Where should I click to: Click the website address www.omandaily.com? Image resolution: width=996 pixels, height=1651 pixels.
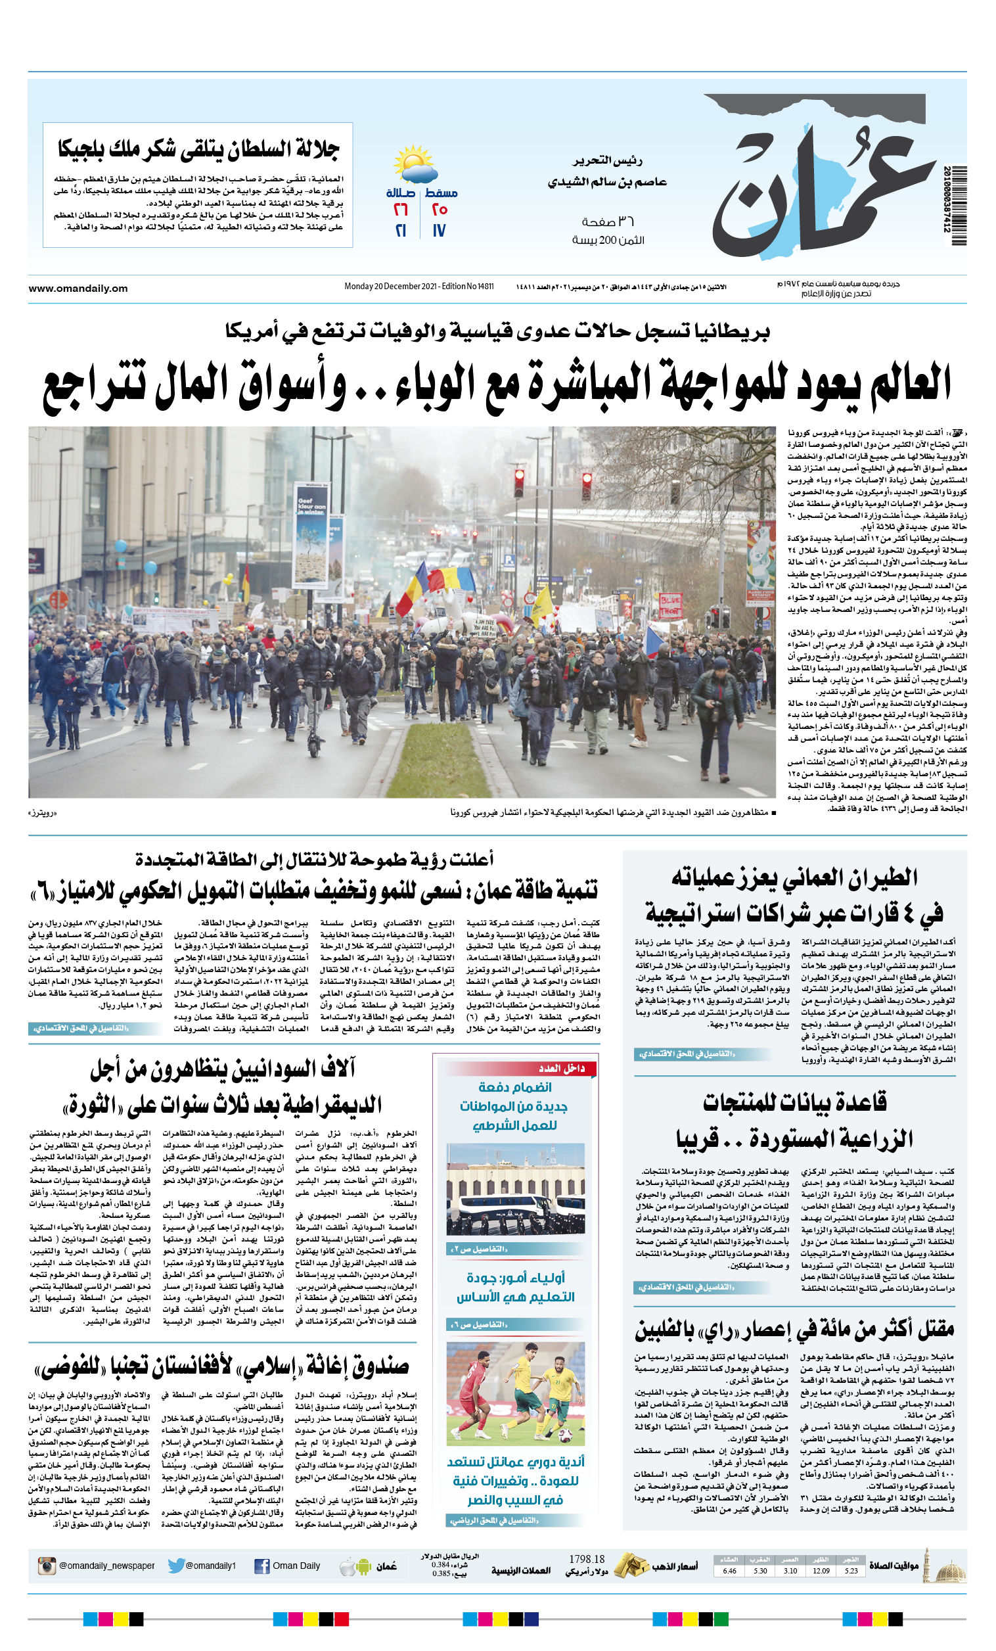[x=78, y=288]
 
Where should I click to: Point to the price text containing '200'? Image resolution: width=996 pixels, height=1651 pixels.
[x=608, y=241]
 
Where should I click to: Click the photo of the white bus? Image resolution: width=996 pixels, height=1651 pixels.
[x=515, y=1190]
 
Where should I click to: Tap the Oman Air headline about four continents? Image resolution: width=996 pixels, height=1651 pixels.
[x=794, y=895]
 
